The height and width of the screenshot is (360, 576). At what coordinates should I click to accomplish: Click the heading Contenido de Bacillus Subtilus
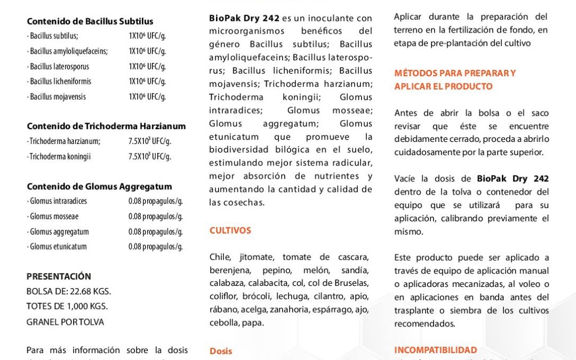90,22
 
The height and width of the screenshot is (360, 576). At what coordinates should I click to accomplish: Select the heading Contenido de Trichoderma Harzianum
106,126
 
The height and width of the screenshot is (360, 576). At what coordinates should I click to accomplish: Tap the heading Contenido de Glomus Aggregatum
99,187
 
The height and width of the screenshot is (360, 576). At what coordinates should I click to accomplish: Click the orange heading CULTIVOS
230,230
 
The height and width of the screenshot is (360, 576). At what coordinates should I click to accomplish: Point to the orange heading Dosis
221,351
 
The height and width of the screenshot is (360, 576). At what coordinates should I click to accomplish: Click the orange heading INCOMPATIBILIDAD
435,350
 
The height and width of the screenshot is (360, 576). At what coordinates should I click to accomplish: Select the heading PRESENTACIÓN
59,276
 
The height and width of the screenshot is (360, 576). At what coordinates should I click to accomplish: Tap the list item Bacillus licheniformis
60,82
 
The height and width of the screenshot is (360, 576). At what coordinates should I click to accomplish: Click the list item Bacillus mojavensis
58,97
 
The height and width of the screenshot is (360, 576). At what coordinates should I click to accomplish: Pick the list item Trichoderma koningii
60,157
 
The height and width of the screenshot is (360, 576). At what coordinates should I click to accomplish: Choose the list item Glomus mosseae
54,217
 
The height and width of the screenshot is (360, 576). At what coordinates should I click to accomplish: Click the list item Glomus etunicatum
58,246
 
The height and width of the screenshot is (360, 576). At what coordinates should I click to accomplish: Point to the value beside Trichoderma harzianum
149,141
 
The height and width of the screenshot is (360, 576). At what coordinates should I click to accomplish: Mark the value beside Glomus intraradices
155,201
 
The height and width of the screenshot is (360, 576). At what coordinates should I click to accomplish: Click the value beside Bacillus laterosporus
147,67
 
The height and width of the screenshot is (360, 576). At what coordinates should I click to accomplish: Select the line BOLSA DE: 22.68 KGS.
69,291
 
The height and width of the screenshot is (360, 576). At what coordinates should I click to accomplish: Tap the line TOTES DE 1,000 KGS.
67,306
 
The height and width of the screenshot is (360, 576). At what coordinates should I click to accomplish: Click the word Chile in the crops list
220,257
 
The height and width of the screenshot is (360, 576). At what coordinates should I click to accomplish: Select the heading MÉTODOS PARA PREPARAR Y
455,73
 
